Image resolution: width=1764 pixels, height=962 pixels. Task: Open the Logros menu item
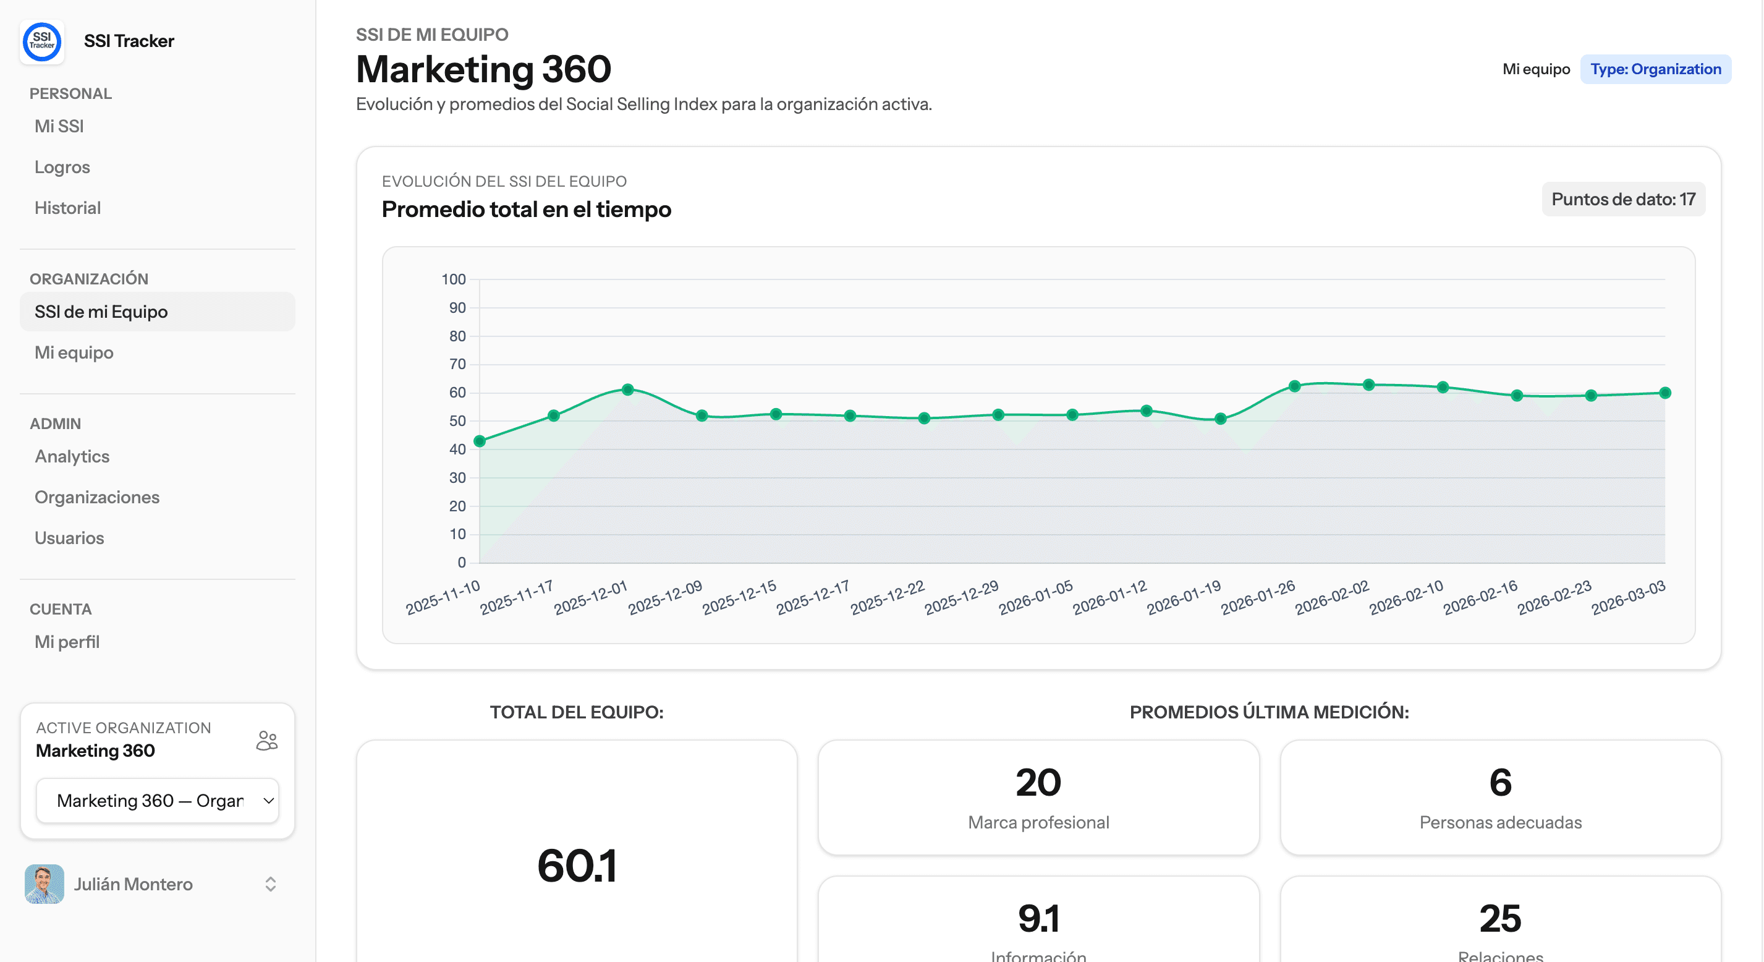62,167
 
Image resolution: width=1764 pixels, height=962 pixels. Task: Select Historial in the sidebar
68,208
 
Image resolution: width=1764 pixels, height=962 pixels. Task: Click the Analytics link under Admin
72,456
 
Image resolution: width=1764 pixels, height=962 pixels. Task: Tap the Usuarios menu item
69,538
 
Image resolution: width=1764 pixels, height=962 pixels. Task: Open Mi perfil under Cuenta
67,642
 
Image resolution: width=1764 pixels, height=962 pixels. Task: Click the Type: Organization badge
1655,69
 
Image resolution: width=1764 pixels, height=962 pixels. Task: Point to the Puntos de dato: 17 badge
1623,200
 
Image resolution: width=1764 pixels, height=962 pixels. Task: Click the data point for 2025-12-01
628,389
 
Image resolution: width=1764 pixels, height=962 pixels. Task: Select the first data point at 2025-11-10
480,441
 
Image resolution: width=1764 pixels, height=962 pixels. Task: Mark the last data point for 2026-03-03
1664,393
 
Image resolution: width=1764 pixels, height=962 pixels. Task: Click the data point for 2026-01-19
1220,419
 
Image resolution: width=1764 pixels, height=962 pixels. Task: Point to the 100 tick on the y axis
453,279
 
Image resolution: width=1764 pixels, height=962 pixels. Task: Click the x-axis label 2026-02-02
1331,597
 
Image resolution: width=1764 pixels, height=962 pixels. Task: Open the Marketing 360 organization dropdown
158,800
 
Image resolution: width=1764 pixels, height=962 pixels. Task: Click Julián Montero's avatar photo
45,884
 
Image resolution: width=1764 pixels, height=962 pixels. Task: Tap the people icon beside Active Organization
267,741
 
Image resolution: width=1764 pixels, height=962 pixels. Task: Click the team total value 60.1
577,866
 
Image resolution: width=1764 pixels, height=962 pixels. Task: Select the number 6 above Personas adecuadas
1499,783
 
